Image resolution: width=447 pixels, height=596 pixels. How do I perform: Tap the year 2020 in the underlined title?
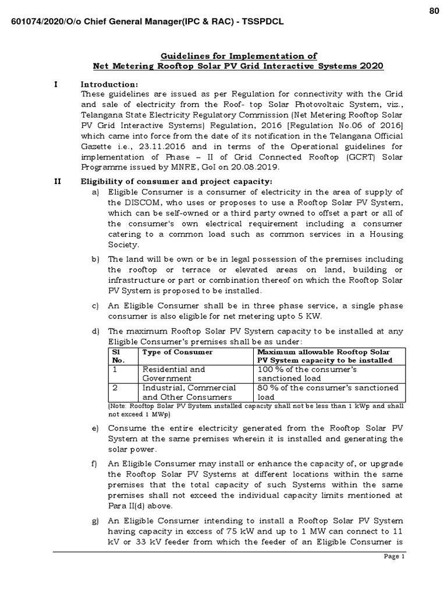[x=371, y=66]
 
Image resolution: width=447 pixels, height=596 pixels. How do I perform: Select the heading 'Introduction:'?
[x=109, y=84]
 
